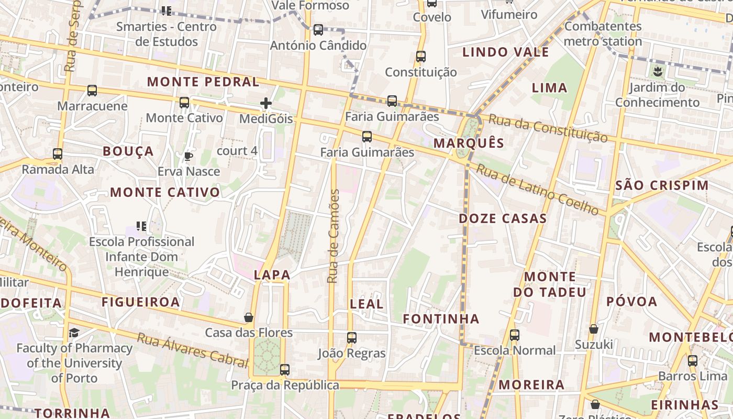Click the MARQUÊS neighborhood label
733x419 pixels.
[469, 143]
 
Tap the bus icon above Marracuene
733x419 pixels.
[92, 91]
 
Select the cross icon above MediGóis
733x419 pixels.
[266, 103]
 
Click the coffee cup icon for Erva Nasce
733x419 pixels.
[188, 156]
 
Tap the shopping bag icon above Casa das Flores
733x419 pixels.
[249, 317]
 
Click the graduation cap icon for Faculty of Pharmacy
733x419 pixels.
[74, 333]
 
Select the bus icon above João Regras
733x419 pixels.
[352, 338]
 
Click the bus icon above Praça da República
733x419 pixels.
[285, 370]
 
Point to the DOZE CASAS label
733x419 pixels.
[503, 218]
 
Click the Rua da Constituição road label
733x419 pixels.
[548, 128]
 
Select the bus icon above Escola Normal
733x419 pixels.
[515, 335]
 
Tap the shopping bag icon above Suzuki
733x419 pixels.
[594, 329]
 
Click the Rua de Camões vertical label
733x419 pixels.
[333, 236]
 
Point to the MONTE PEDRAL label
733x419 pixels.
[203, 82]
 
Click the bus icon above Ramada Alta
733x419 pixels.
[58, 155]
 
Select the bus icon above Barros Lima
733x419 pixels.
[693, 361]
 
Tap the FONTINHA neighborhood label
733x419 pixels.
[441, 318]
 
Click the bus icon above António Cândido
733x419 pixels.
[318, 30]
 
